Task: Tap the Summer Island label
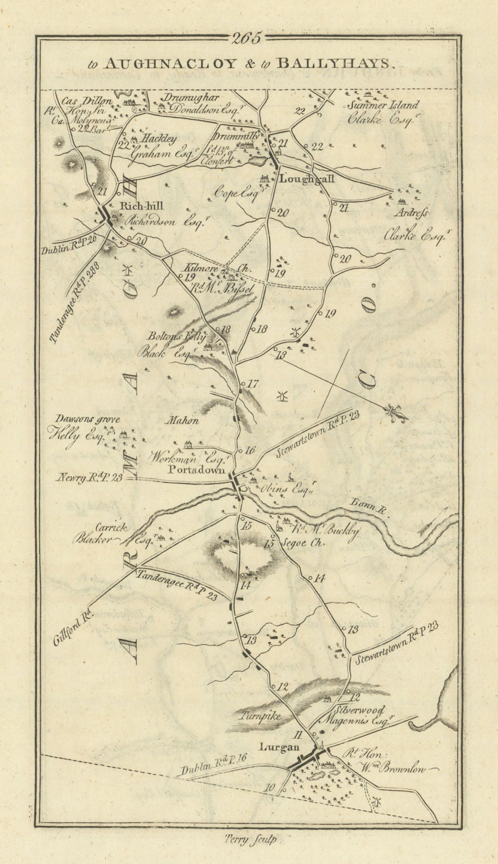[384, 106]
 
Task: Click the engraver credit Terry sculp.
[248, 839]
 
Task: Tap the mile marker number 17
[253, 384]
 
